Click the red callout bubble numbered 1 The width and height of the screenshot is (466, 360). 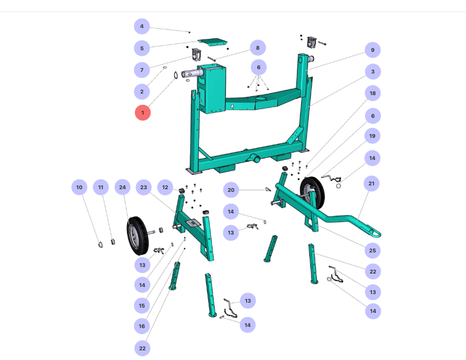pos(143,112)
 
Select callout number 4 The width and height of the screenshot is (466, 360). pos(142,26)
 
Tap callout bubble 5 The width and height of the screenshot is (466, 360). pos(142,48)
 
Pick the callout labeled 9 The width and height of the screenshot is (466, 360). pos(372,50)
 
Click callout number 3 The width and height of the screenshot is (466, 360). pos(372,72)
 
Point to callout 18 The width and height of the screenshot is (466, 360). pos(372,94)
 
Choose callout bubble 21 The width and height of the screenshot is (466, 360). pos(371,183)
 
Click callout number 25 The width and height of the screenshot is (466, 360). pos(372,250)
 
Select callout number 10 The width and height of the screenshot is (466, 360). pos(79,187)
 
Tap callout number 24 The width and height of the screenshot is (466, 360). pos(122,187)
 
